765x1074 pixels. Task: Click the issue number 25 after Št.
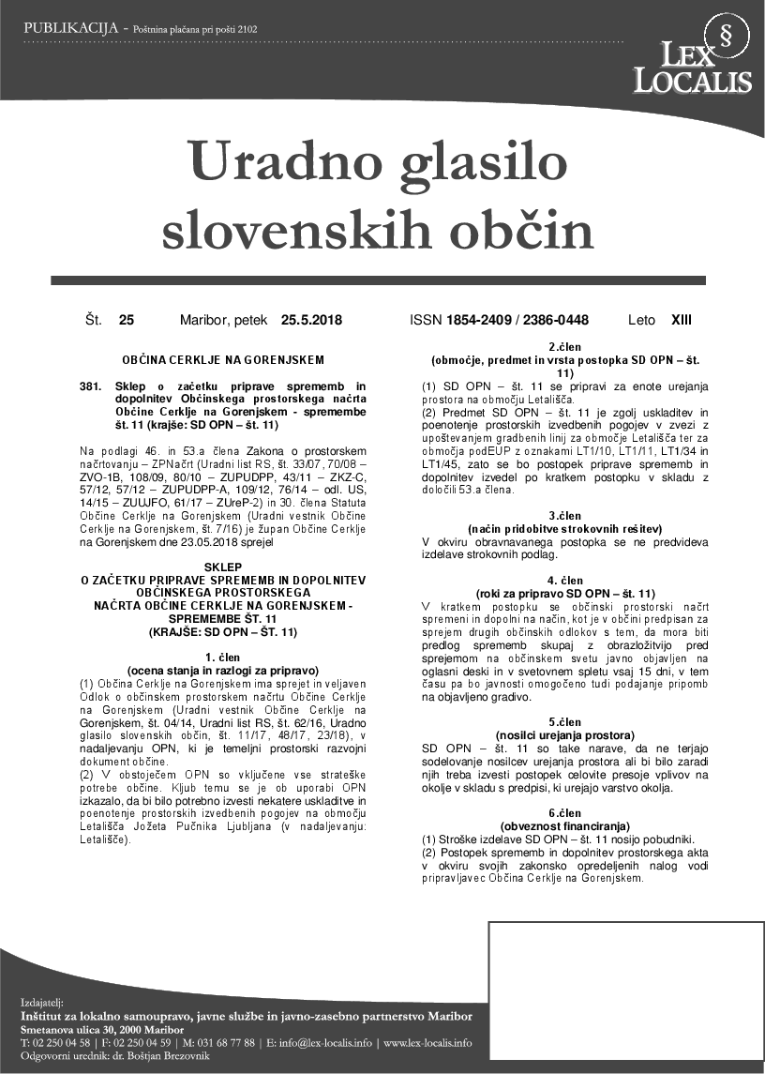coord(127,321)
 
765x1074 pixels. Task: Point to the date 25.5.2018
coord(311,321)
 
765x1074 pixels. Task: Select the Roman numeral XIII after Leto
coord(682,321)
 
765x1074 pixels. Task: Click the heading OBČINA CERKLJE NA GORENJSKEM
coord(223,359)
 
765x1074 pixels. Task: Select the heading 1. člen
coord(223,658)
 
